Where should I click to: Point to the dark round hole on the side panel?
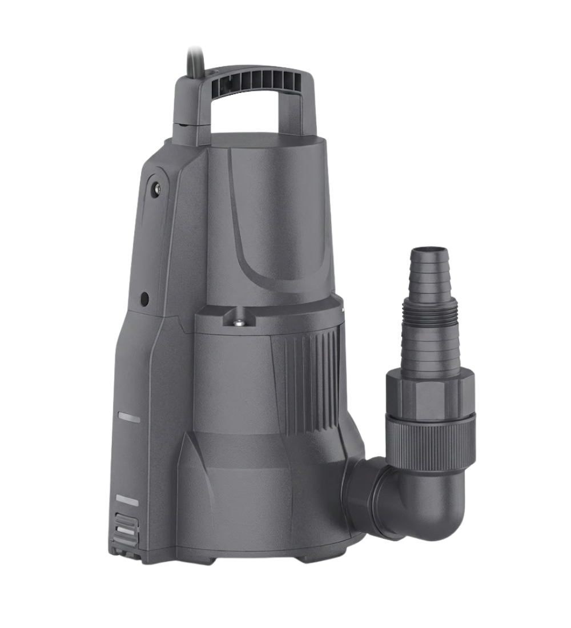(144, 297)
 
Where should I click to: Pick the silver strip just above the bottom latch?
(127, 500)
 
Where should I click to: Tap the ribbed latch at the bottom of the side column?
(127, 528)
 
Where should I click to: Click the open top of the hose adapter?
(428, 251)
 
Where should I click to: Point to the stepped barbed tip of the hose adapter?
(428, 274)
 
